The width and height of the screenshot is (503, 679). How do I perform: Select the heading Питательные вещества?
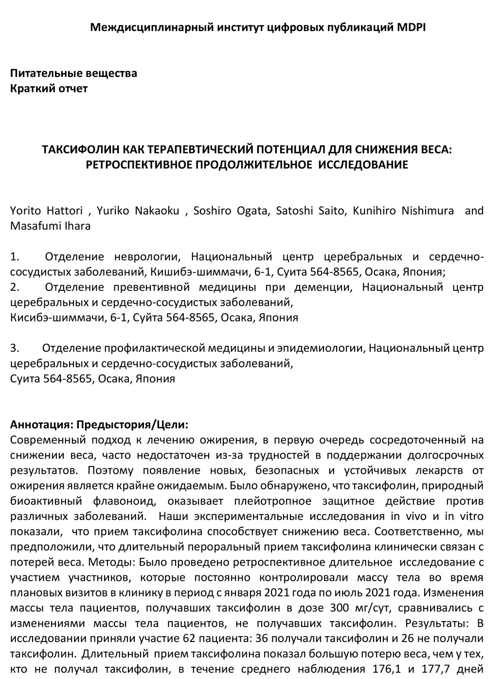click(x=73, y=73)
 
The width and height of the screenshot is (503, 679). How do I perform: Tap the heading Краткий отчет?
click(x=49, y=89)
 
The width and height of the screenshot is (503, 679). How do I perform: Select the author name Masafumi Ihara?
click(x=51, y=226)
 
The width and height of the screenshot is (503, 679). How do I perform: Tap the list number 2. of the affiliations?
click(x=15, y=287)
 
